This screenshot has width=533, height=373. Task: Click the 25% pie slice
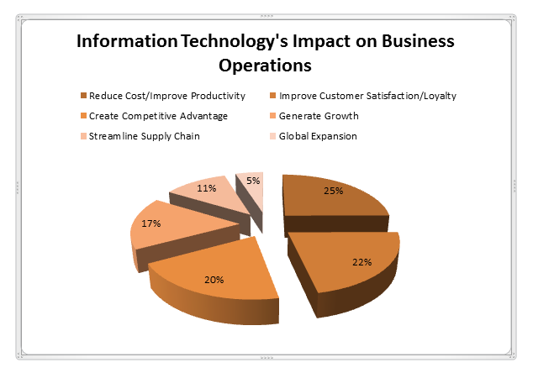332,197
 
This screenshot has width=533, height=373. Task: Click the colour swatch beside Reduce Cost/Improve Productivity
82,95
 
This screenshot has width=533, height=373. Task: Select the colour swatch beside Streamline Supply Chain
82,135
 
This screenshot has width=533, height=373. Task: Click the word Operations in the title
265,64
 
